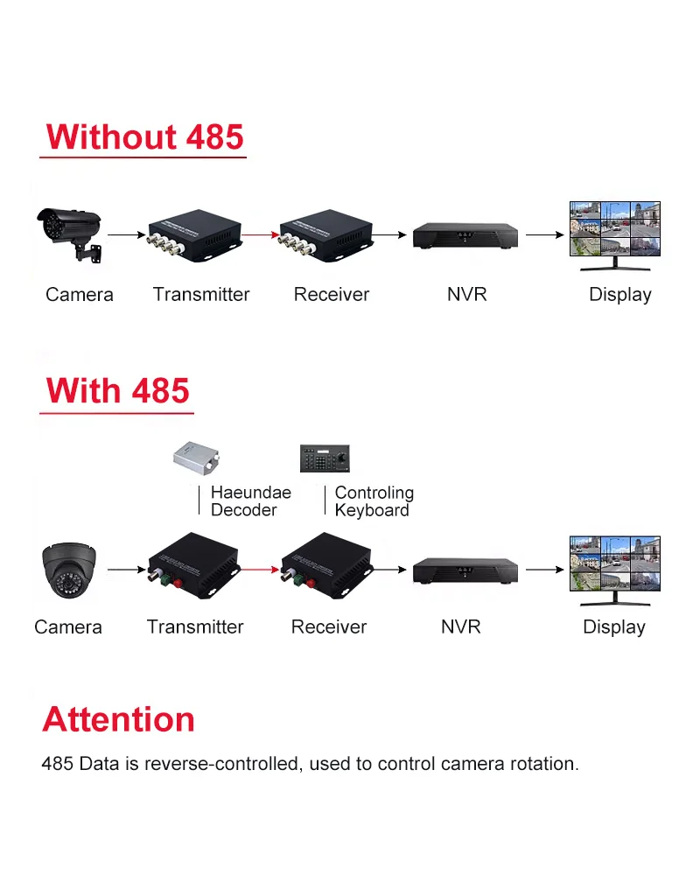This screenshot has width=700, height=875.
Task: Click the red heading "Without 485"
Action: tap(144, 137)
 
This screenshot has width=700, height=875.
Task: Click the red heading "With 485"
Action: tap(117, 390)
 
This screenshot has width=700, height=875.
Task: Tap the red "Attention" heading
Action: tap(118, 719)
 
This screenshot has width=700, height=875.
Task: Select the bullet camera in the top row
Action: tap(70, 231)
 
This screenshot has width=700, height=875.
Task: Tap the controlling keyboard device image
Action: tap(324, 458)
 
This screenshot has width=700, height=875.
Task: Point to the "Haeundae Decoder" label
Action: tap(250, 501)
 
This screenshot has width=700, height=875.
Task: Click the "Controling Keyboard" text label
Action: tap(374, 501)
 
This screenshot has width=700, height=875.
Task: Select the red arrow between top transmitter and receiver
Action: tap(260, 234)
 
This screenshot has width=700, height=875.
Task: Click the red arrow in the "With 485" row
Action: tap(258, 570)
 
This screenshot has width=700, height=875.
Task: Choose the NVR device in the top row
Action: tap(465, 234)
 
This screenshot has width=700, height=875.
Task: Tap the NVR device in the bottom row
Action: tap(465, 570)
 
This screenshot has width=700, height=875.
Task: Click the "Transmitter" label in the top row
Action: tap(201, 295)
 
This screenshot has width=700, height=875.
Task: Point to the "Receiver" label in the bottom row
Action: tap(329, 627)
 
